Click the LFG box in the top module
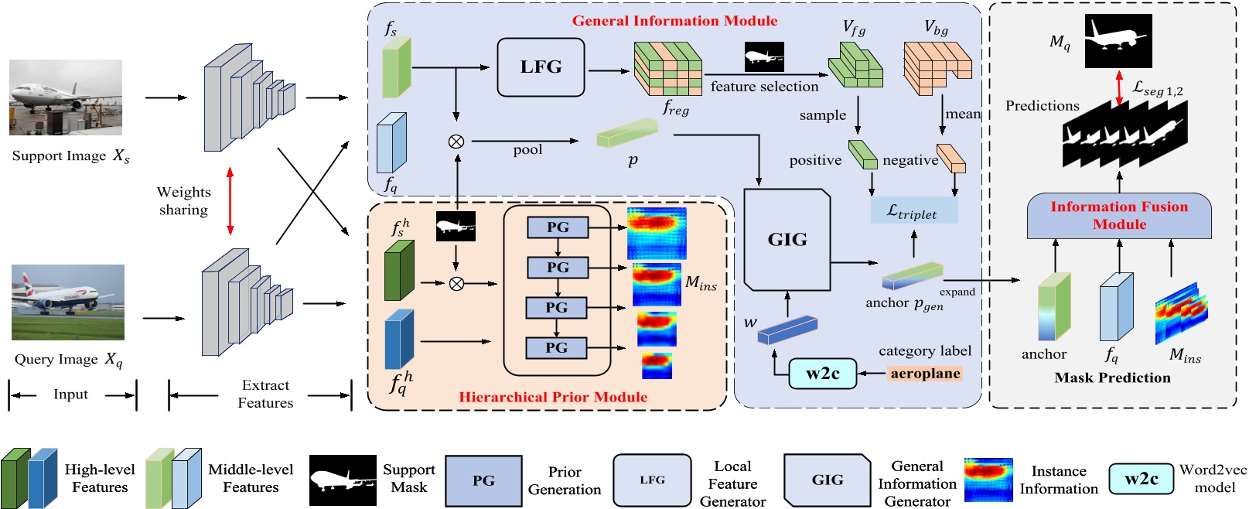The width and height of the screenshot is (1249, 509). pos(541,67)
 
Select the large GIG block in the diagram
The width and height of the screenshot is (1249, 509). pos(787,240)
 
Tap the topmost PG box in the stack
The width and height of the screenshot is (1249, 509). pos(557,227)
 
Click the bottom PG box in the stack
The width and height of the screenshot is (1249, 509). pos(557,348)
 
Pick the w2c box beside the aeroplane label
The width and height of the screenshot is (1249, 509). pos(823,374)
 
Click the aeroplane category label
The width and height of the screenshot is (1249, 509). pos(925,374)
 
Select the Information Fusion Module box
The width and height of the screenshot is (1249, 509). pos(1118,216)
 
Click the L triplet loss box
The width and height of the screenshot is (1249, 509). pos(913,210)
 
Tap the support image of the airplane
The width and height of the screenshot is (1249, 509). pos(66,97)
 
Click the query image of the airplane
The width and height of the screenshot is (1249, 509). pos(68,302)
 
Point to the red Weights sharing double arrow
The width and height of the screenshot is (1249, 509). pos(230,200)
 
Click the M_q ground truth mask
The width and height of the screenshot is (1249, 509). pos(1118,41)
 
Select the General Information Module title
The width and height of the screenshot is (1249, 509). pos(674,21)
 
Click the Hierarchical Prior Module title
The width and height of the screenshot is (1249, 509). pos(553,397)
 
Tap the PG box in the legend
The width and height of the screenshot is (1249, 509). pos(483,480)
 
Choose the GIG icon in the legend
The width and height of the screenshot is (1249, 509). pos(827,480)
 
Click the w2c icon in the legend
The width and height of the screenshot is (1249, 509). pos(1141,479)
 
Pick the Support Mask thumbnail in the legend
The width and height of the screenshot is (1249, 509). pos(343,480)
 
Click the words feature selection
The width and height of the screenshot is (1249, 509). pos(764,87)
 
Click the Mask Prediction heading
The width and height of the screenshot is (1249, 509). pos(1112,377)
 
